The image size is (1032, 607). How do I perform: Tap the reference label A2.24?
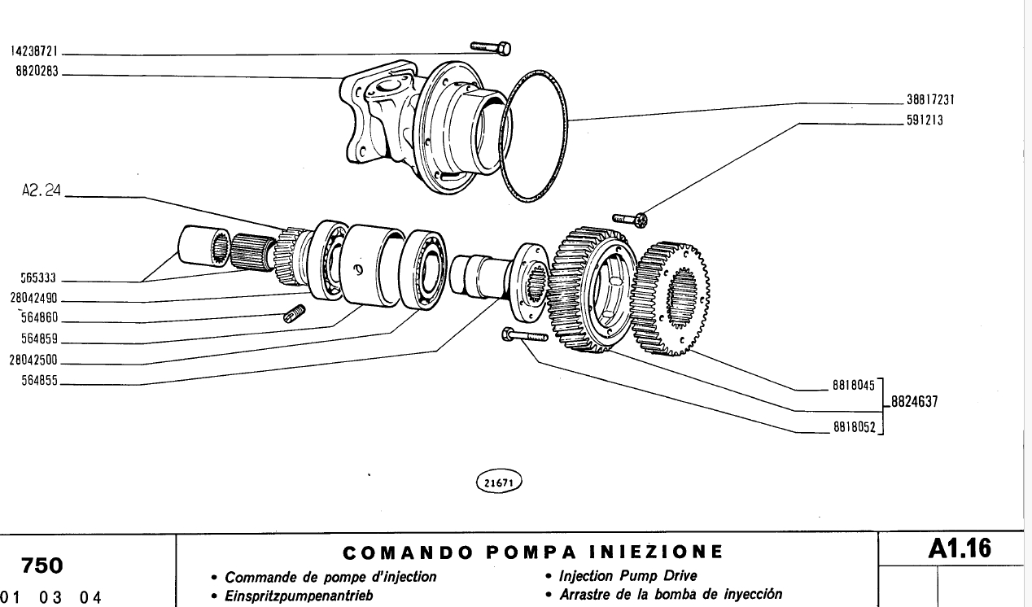(42, 195)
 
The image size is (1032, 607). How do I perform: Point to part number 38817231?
(929, 102)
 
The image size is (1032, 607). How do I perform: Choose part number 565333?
(37, 278)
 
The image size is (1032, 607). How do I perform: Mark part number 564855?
(37, 380)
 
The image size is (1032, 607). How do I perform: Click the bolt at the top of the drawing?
(492, 49)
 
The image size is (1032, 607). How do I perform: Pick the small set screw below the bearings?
(293, 313)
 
